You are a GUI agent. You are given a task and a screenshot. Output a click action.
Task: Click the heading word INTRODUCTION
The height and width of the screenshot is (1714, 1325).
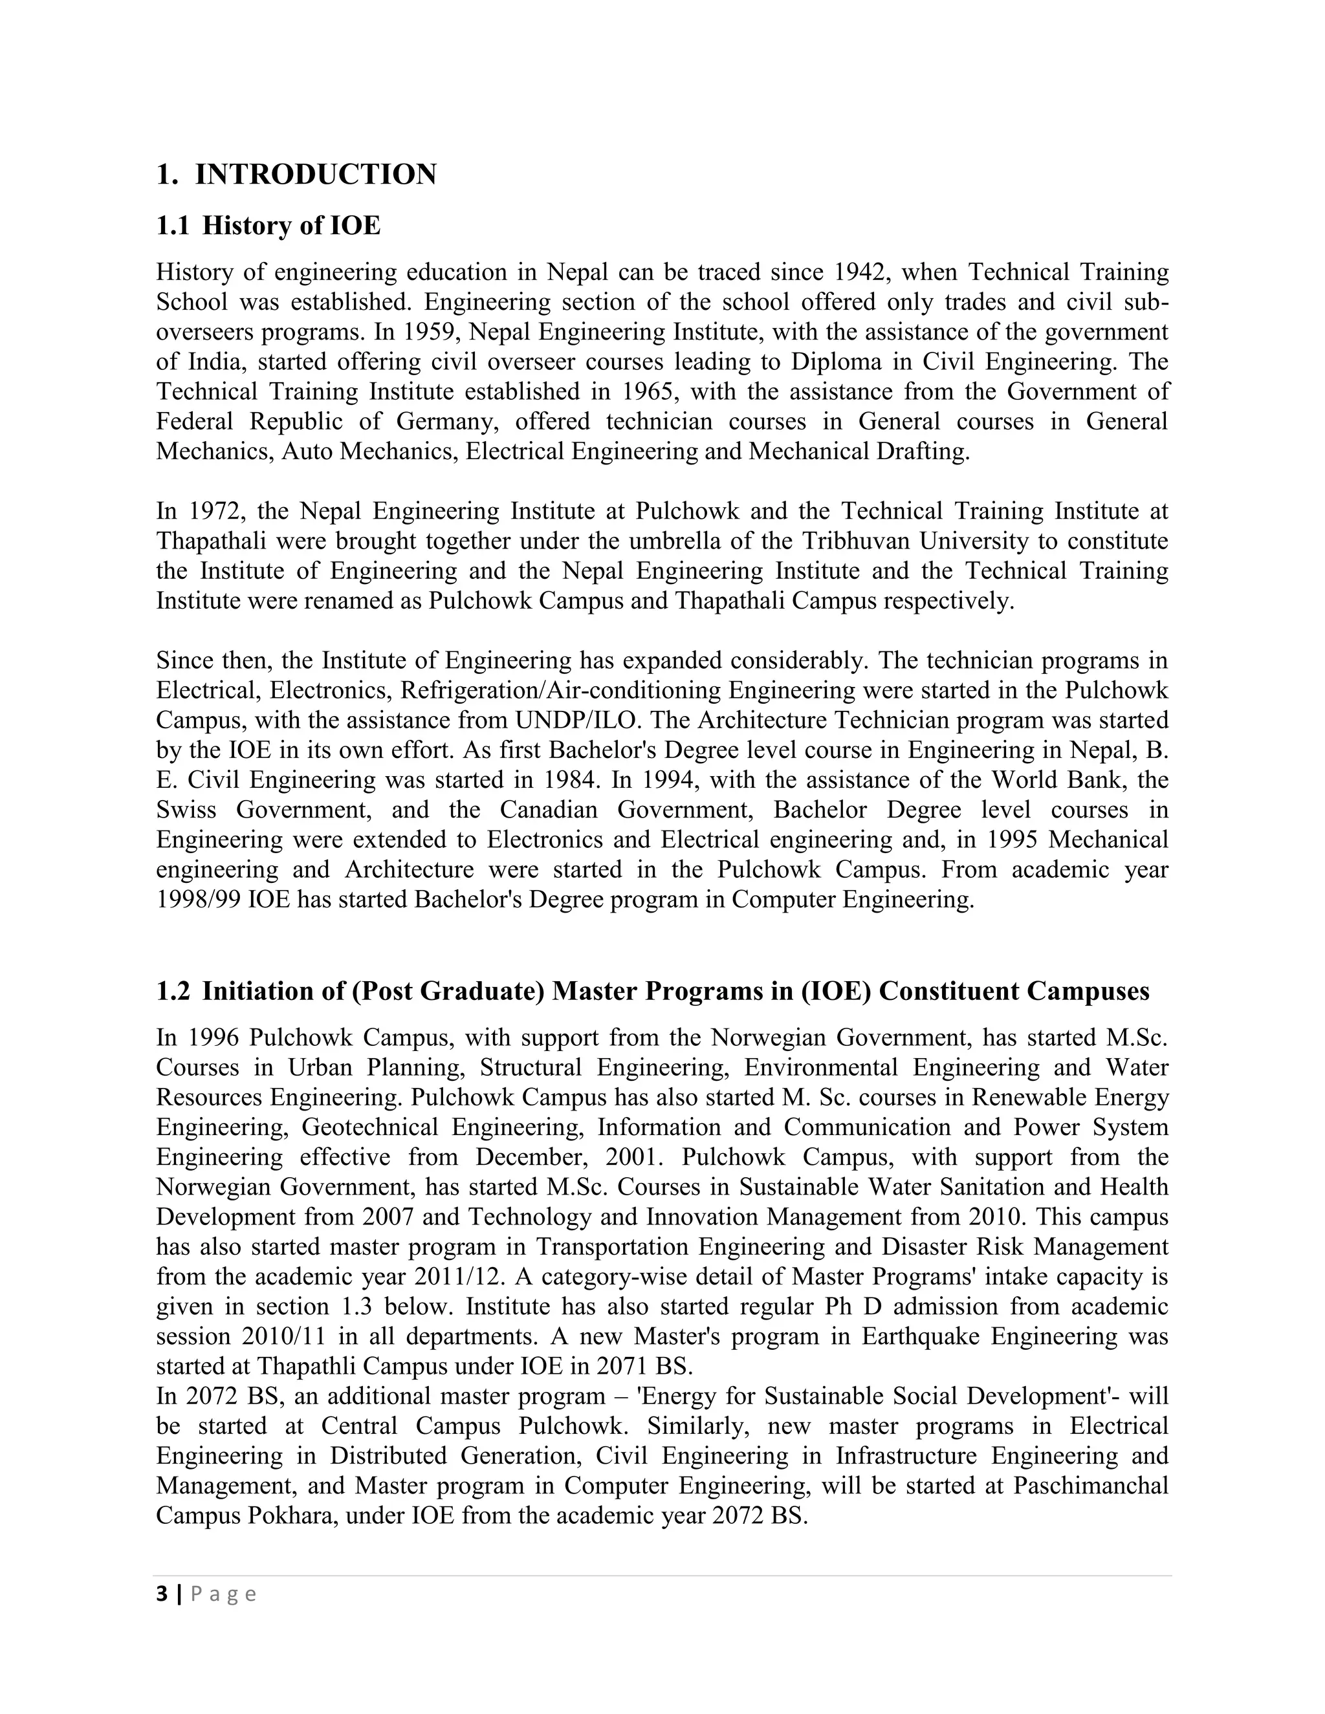(316, 174)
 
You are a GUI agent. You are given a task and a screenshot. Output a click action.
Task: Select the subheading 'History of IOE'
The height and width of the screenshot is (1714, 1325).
(291, 226)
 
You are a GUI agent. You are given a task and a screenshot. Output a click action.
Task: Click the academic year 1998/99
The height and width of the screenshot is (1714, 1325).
(199, 900)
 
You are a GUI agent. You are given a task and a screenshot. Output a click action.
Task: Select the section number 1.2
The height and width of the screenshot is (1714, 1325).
(173, 991)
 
